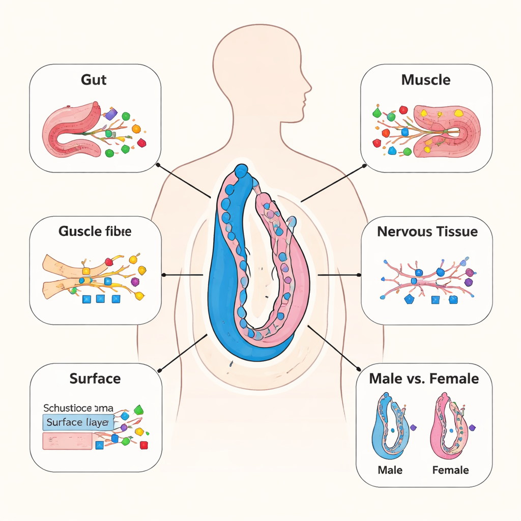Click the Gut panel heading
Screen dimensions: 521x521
pyautogui.click(x=94, y=80)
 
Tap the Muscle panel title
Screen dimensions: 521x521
pyautogui.click(x=425, y=80)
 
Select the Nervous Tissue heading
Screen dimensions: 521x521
pyautogui.click(x=427, y=232)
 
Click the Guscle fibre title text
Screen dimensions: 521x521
pyautogui.click(x=95, y=231)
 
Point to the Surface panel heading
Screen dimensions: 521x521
pyautogui.click(x=95, y=379)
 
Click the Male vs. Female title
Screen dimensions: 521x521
pyautogui.click(x=424, y=379)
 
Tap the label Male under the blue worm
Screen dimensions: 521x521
pyautogui.click(x=390, y=470)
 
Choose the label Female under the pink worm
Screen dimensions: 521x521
pyautogui.click(x=450, y=470)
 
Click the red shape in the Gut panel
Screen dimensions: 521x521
pyautogui.click(x=141, y=143)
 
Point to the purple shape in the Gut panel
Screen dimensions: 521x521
pyautogui.click(x=111, y=113)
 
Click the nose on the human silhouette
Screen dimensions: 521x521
pyautogui.click(x=309, y=90)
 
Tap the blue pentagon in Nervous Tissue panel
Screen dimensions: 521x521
pyautogui.click(x=409, y=300)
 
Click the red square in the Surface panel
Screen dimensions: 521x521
pyautogui.click(x=143, y=445)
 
